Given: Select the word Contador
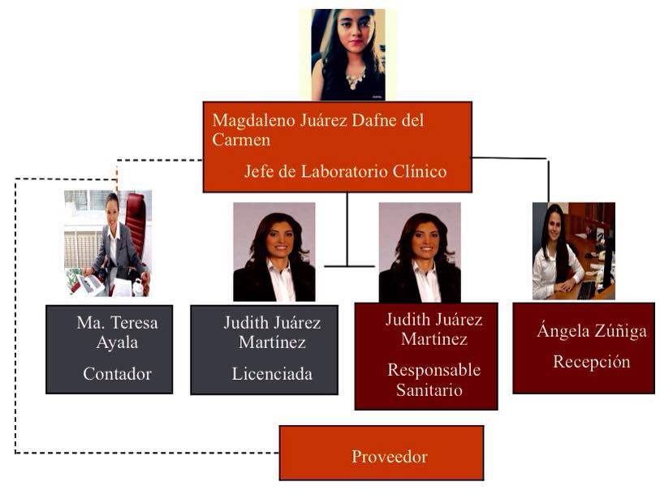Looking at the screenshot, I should (117, 374).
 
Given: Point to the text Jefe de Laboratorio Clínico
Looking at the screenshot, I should (345, 172).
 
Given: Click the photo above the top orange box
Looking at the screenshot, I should (347, 54).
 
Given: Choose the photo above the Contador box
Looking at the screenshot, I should (108, 243).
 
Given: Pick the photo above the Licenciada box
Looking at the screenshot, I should (274, 252).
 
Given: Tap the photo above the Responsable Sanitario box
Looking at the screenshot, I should (420, 252).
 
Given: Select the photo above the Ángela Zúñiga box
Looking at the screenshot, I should (573, 251).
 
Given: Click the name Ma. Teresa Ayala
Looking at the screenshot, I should (117, 333).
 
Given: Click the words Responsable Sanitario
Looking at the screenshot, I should (434, 380).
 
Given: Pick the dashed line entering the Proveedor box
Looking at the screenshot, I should (162, 453).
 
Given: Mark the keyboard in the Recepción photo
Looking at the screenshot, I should (585, 290).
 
